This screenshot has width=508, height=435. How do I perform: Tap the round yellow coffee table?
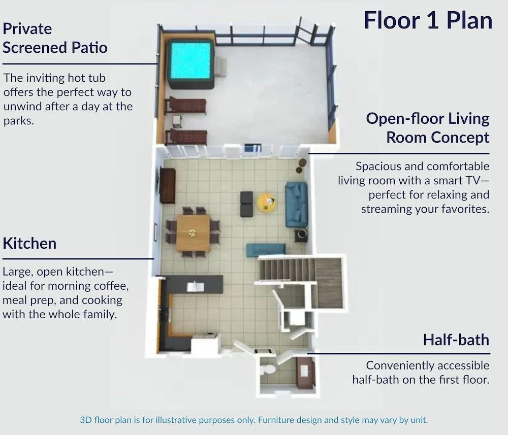[x=267, y=203]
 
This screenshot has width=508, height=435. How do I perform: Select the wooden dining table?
[x=193, y=233]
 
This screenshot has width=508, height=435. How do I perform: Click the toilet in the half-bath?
[x=268, y=370]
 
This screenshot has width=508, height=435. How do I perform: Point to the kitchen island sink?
[x=195, y=287]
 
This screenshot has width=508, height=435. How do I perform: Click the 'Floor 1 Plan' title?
[x=428, y=20]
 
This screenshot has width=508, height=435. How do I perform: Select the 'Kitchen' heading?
[x=29, y=244]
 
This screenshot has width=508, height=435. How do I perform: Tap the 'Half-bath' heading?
[x=456, y=340]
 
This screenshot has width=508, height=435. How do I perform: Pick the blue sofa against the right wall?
[x=296, y=204]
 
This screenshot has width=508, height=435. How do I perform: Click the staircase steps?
[x=287, y=270]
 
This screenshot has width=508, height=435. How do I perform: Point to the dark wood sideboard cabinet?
[x=168, y=185]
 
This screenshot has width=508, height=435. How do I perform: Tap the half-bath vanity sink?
[x=304, y=372]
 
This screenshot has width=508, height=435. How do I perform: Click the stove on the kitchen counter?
[x=164, y=314]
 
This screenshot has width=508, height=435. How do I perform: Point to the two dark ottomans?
[x=246, y=204]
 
